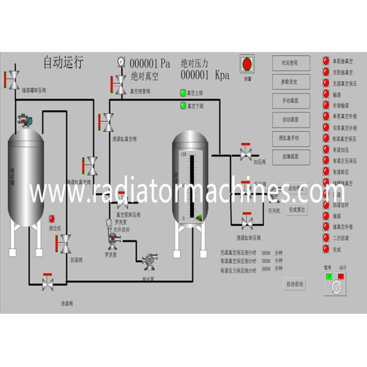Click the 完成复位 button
click(x=297, y=209)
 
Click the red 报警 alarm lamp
click(x=248, y=64)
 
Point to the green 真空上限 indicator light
click(x=182, y=93)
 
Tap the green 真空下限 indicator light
click(x=182, y=106)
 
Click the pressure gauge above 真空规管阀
click(x=120, y=61)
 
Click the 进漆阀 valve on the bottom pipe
click(x=47, y=283)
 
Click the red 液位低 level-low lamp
click(x=52, y=218)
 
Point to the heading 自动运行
click(x=63, y=62)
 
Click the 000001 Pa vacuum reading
click(x=150, y=64)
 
